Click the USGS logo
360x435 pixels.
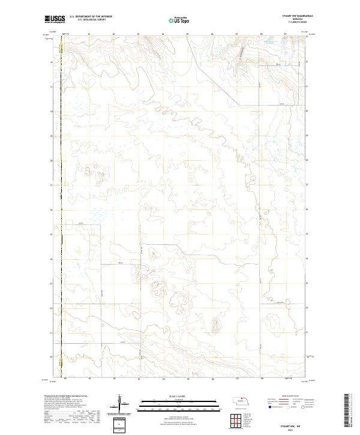point(55,20)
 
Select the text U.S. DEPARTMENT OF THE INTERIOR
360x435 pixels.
point(91,17)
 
